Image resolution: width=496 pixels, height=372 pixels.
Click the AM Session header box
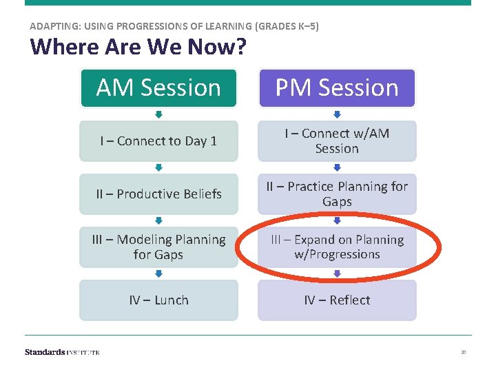coord(158,88)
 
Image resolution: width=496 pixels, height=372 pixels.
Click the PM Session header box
coord(337,88)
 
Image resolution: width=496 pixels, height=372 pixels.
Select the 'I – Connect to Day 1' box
coord(158,141)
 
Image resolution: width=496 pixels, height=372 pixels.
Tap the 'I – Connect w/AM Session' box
coord(337,141)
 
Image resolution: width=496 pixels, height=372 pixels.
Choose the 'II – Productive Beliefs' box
coord(158,194)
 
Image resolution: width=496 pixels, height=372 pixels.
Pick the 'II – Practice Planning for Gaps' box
coord(337,194)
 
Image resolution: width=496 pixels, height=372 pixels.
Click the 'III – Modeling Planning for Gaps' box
coord(158,247)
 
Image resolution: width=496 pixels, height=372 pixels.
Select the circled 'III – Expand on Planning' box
coord(337,247)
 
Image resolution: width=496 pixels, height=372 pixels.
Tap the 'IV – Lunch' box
coord(158,300)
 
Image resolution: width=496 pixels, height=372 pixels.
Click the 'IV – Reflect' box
coord(337,300)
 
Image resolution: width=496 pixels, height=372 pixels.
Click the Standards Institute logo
coord(62,352)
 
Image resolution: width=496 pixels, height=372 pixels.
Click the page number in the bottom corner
coord(464,353)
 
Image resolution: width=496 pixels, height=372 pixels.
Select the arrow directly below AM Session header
coord(158,114)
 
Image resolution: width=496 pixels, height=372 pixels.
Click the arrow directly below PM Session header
coord(337,114)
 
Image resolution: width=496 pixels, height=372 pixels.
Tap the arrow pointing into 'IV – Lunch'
coord(158,273)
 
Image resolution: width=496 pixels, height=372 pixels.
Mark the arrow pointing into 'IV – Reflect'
coord(337,273)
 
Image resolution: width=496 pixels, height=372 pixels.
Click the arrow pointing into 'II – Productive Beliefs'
coord(158,167)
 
